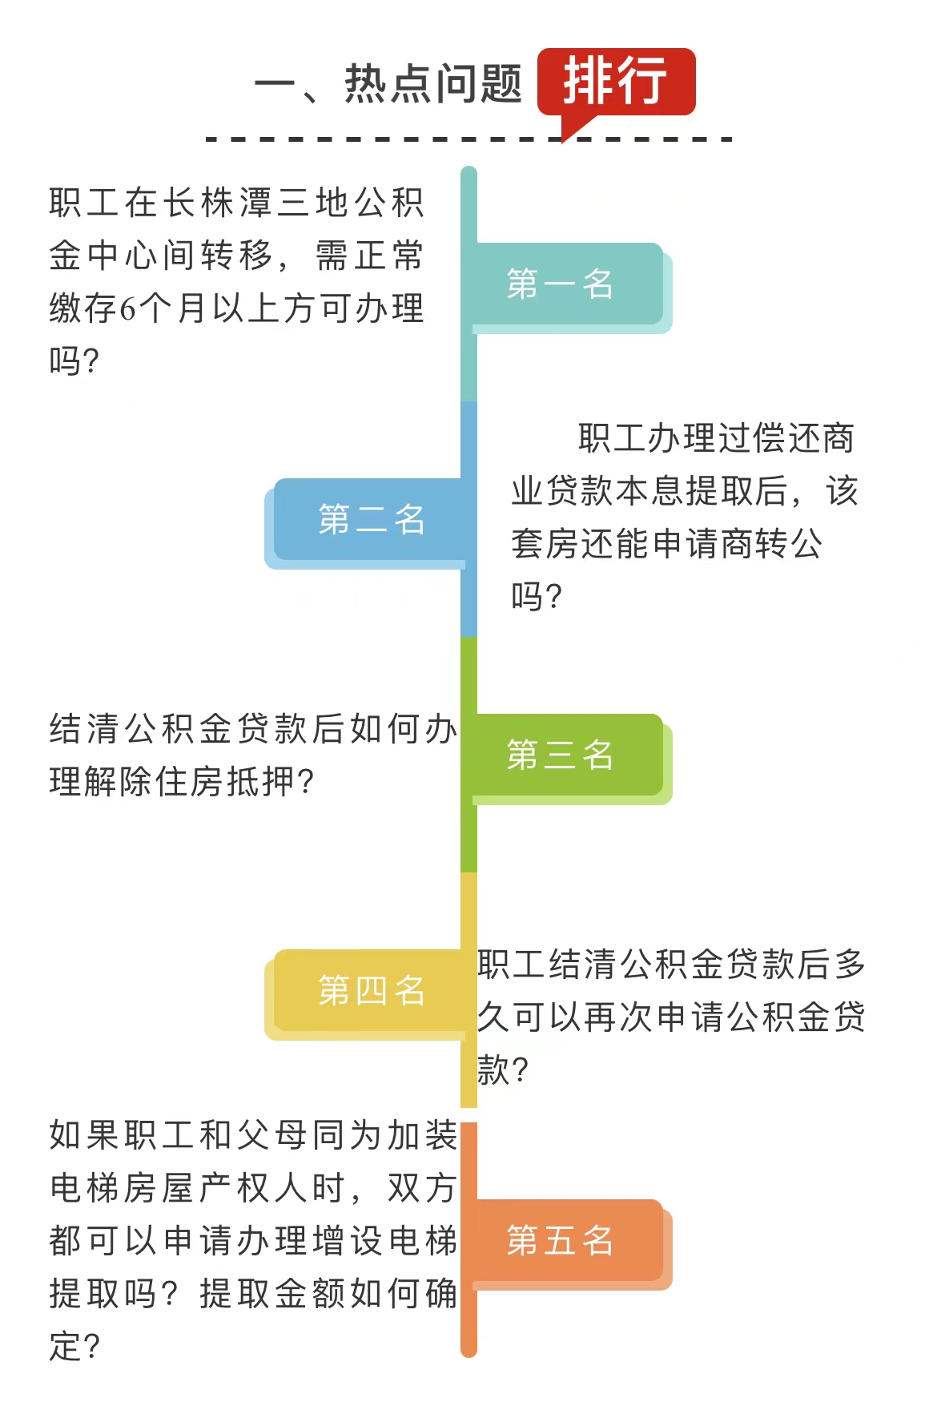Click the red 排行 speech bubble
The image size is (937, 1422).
tap(615, 82)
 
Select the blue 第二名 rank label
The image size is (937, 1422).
tap(372, 520)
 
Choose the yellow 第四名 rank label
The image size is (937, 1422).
tap(372, 991)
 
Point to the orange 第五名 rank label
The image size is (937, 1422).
tap(561, 1241)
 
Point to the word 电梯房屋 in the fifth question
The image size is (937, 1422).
tap(123, 1188)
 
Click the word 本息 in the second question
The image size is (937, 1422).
tap(649, 491)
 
